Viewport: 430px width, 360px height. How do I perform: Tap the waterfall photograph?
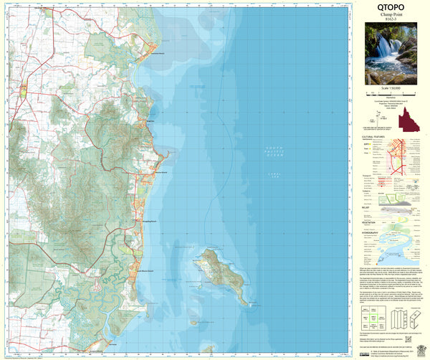(x=391, y=53)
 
